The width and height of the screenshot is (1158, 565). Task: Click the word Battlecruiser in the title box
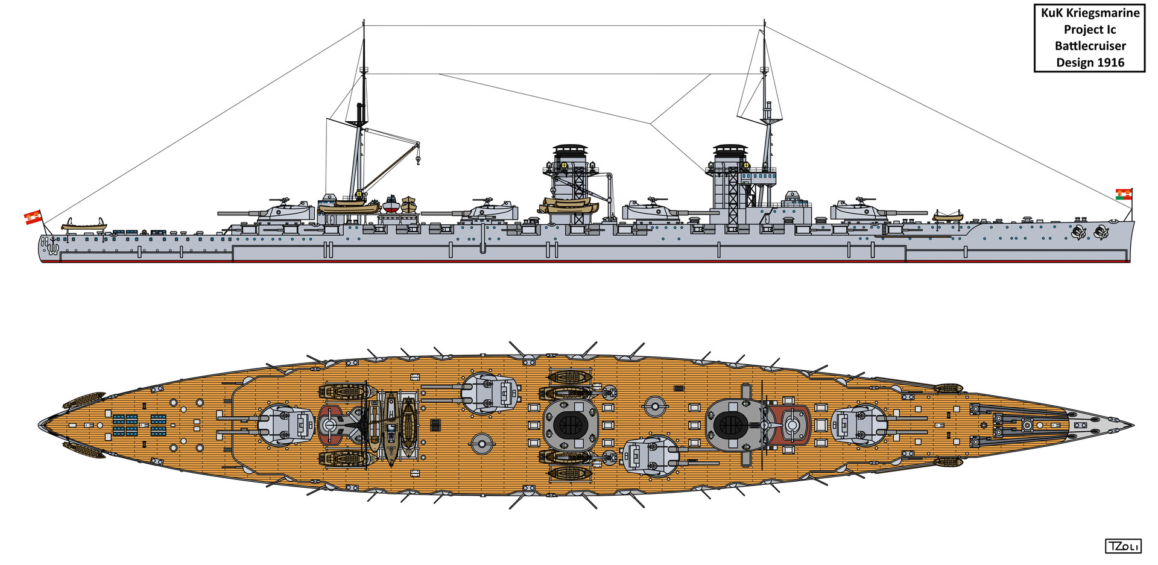[x=1090, y=46]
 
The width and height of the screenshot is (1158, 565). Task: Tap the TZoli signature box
[x=1123, y=546]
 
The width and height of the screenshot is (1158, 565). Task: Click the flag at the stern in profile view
[x=33, y=217]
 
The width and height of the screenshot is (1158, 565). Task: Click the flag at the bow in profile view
[x=1124, y=194]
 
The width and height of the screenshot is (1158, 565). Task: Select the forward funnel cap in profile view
[x=730, y=149]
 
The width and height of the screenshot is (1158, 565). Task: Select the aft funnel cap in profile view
[x=571, y=149]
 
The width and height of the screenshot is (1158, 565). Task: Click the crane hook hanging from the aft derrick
[x=417, y=161]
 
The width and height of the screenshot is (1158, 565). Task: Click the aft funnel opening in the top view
[x=570, y=426]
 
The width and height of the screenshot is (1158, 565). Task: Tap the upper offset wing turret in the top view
[x=490, y=393]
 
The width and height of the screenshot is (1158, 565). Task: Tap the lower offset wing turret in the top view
[x=650, y=458]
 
